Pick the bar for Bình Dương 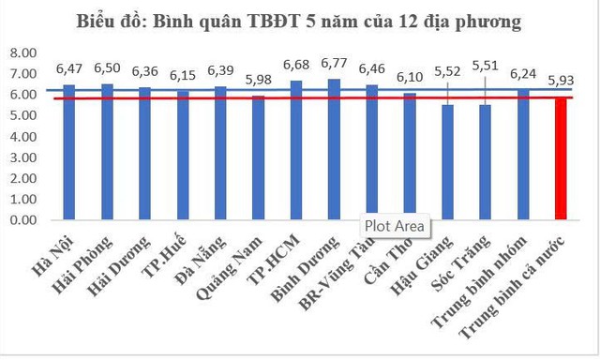(333, 150)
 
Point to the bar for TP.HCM (295, 151)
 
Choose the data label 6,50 (108, 68)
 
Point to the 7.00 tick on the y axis (22, 74)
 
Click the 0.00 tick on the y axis (22, 220)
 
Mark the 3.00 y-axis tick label (22, 157)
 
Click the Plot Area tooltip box (395, 226)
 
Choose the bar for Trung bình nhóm (522, 155)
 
